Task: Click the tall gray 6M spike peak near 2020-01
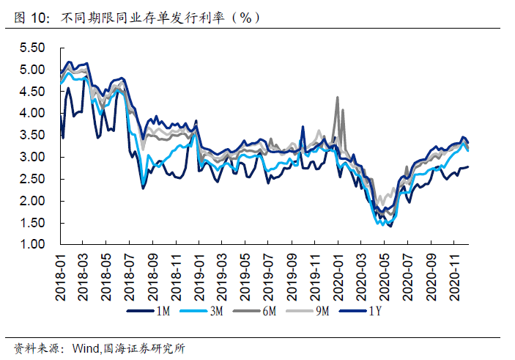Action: [337, 97]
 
